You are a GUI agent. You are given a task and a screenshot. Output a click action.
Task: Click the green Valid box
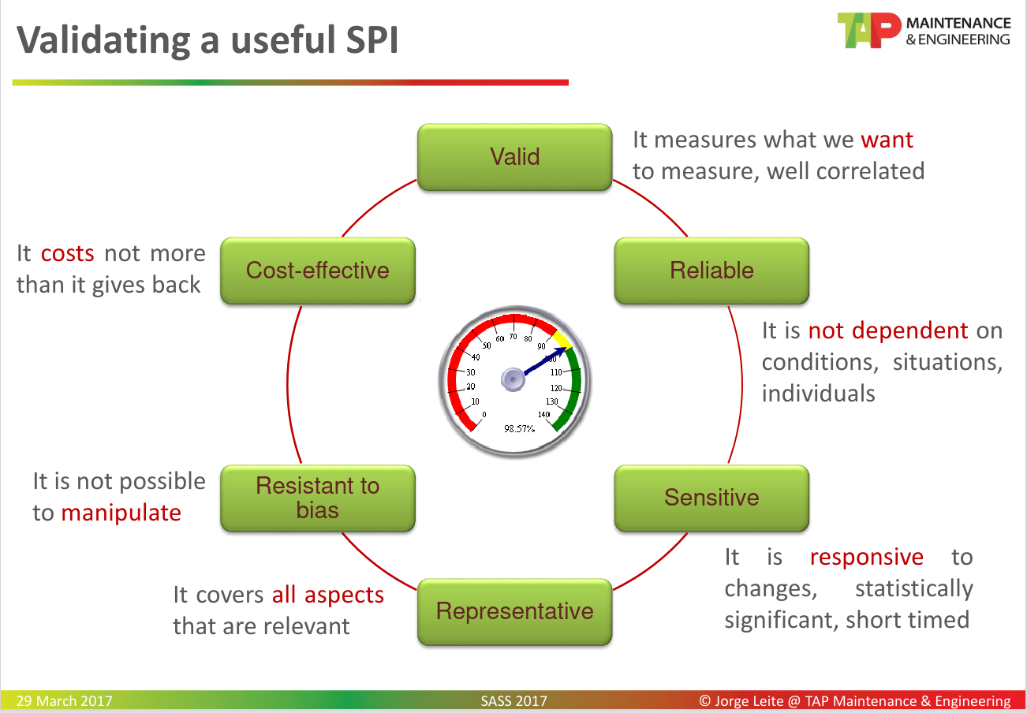pyautogui.click(x=514, y=157)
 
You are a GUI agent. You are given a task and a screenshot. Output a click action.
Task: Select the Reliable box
pyautogui.click(x=711, y=271)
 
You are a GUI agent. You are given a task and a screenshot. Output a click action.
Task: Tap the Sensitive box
pyautogui.click(x=711, y=498)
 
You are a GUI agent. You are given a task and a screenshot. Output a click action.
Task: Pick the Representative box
pyautogui.click(x=514, y=611)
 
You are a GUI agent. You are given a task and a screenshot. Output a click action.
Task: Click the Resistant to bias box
pyautogui.click(x=317, y=498)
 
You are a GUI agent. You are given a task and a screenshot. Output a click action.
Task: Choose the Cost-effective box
pyautogui.click(x=317, y=271)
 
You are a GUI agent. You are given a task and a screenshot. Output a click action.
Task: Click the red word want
pyautogui.click(x=887, y=140)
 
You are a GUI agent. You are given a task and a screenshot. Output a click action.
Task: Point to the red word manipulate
pyautogui.click(x=121, y=513)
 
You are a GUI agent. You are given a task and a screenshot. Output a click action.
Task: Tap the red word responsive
pyautogui.click(x=866, y=558)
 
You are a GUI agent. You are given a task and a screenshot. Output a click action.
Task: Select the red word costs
pyautogui.click(x=67, y=254)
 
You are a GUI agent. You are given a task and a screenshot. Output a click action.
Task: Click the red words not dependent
pyautogui.click(x=888, y=330)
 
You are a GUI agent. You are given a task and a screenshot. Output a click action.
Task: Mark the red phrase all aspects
pyautogui.click(x=327, y=595)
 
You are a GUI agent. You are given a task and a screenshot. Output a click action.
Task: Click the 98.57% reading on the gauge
pyautogui.click(x=520, y=428)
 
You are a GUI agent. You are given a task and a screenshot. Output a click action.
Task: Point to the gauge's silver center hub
pyautogui.click(x=513, y=381)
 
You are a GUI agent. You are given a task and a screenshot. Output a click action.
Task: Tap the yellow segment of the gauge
pyautogui.click(x=561, y=339)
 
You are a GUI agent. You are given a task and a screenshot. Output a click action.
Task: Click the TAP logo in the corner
pyautogui.click(x=868, y=31)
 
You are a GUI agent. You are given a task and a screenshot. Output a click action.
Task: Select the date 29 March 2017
pyautogui.click(x=64, y=701)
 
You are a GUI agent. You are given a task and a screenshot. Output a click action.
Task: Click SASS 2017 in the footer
pyautogui.click(x=513, y=701)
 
